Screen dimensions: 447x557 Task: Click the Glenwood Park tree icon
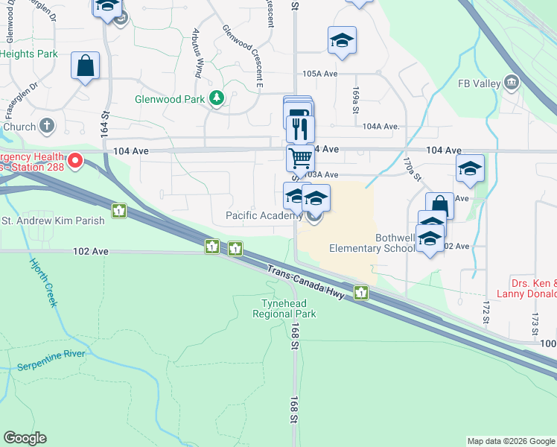[216, 98]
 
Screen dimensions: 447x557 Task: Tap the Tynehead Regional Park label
[289, 308]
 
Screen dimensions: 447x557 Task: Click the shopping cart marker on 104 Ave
[299, 158]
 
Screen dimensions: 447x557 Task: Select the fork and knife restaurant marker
[301, 128]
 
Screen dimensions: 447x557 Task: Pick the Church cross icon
[46, 125]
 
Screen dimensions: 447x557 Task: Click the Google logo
[25, 438]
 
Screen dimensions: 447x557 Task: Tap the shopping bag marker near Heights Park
[86, 66]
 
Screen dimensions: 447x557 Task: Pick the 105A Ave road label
[320, 74]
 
